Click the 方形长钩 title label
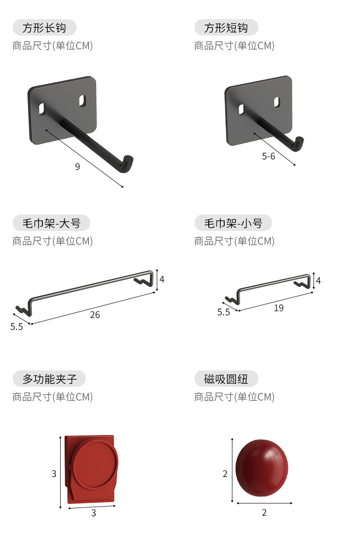pos(44,28)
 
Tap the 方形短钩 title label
pos(226,28)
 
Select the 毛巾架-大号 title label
pos(51,223)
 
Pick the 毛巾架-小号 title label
pos(233,223)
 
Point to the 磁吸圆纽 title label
pos(226,379)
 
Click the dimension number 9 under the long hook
pos(77,167)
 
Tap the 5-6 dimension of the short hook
pos(268,156)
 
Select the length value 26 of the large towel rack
pos(95,315)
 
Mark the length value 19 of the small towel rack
pos(279,308)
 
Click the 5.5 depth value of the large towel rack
pos(17,327)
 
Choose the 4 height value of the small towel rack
pos(319,281)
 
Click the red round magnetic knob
pos(262,468)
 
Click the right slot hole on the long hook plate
pos(83,100)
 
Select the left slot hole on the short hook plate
pos(241,109)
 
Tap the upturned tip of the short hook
pos(300,142)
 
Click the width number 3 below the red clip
pos(93,513)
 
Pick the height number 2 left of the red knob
pos(225,474)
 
